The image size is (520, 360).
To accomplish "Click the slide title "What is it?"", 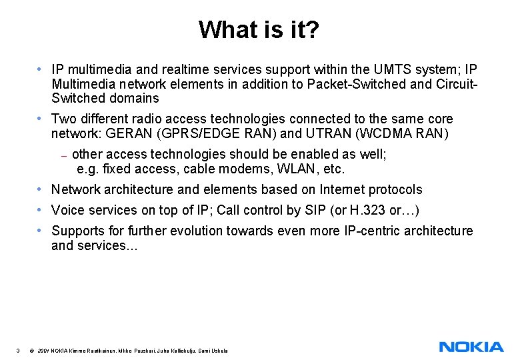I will [260, 29].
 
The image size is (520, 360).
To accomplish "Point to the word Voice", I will [68, 211].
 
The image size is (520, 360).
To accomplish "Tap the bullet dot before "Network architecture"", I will [41, 190].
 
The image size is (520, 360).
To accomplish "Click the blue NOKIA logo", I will [471, 347].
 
